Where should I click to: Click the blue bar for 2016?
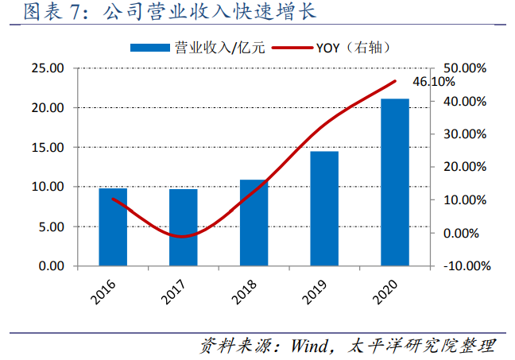coord(113,226)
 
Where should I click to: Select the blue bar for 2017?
coord(183,226)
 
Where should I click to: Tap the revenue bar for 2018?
coord(254,223)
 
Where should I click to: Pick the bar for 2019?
coord(324,208)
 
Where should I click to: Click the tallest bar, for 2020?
coord(395,182)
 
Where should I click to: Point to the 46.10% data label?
coord(434,82)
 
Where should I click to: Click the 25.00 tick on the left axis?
coord(49,68)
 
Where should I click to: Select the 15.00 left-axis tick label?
coord(49,147)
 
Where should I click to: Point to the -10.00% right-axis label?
coord(463,266)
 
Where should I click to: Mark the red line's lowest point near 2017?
coord(182,236)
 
